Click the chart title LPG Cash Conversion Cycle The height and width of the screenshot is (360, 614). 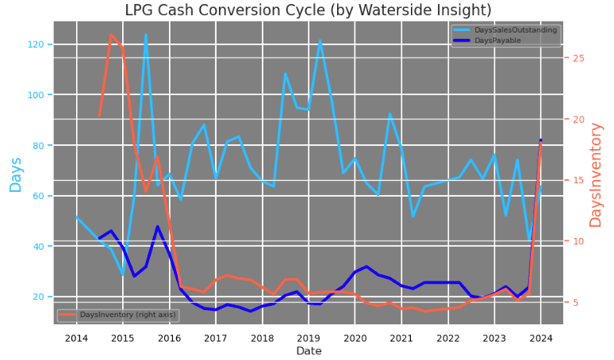(x=307, y=10)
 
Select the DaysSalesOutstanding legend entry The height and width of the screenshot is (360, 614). (x=527, y=30)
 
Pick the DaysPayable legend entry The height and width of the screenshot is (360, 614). (x=511, y=40)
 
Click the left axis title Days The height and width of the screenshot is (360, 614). (x=16, y=174)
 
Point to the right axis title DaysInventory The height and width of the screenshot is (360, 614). (x=596, y=174)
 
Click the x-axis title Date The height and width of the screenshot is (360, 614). (x=309, y=351)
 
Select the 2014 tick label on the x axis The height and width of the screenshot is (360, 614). (x=76, y=338)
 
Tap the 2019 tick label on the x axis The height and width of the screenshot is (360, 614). (x=309, y=338)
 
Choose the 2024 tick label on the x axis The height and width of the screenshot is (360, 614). (x=541, y=338)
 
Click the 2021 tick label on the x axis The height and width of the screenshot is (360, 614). (x=401, y=338)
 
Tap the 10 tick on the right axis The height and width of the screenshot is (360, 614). (x=578, y=242)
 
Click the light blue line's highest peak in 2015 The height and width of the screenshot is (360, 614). (x=146, y=34)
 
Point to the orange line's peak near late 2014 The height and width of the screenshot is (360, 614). (x=111, y=35)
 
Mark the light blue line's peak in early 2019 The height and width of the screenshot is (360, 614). (x=320, y=40)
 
